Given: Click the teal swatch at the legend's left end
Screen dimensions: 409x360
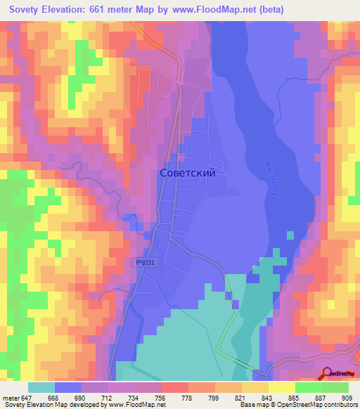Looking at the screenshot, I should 41,387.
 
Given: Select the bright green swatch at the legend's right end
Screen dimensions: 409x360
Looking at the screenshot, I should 335,387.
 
